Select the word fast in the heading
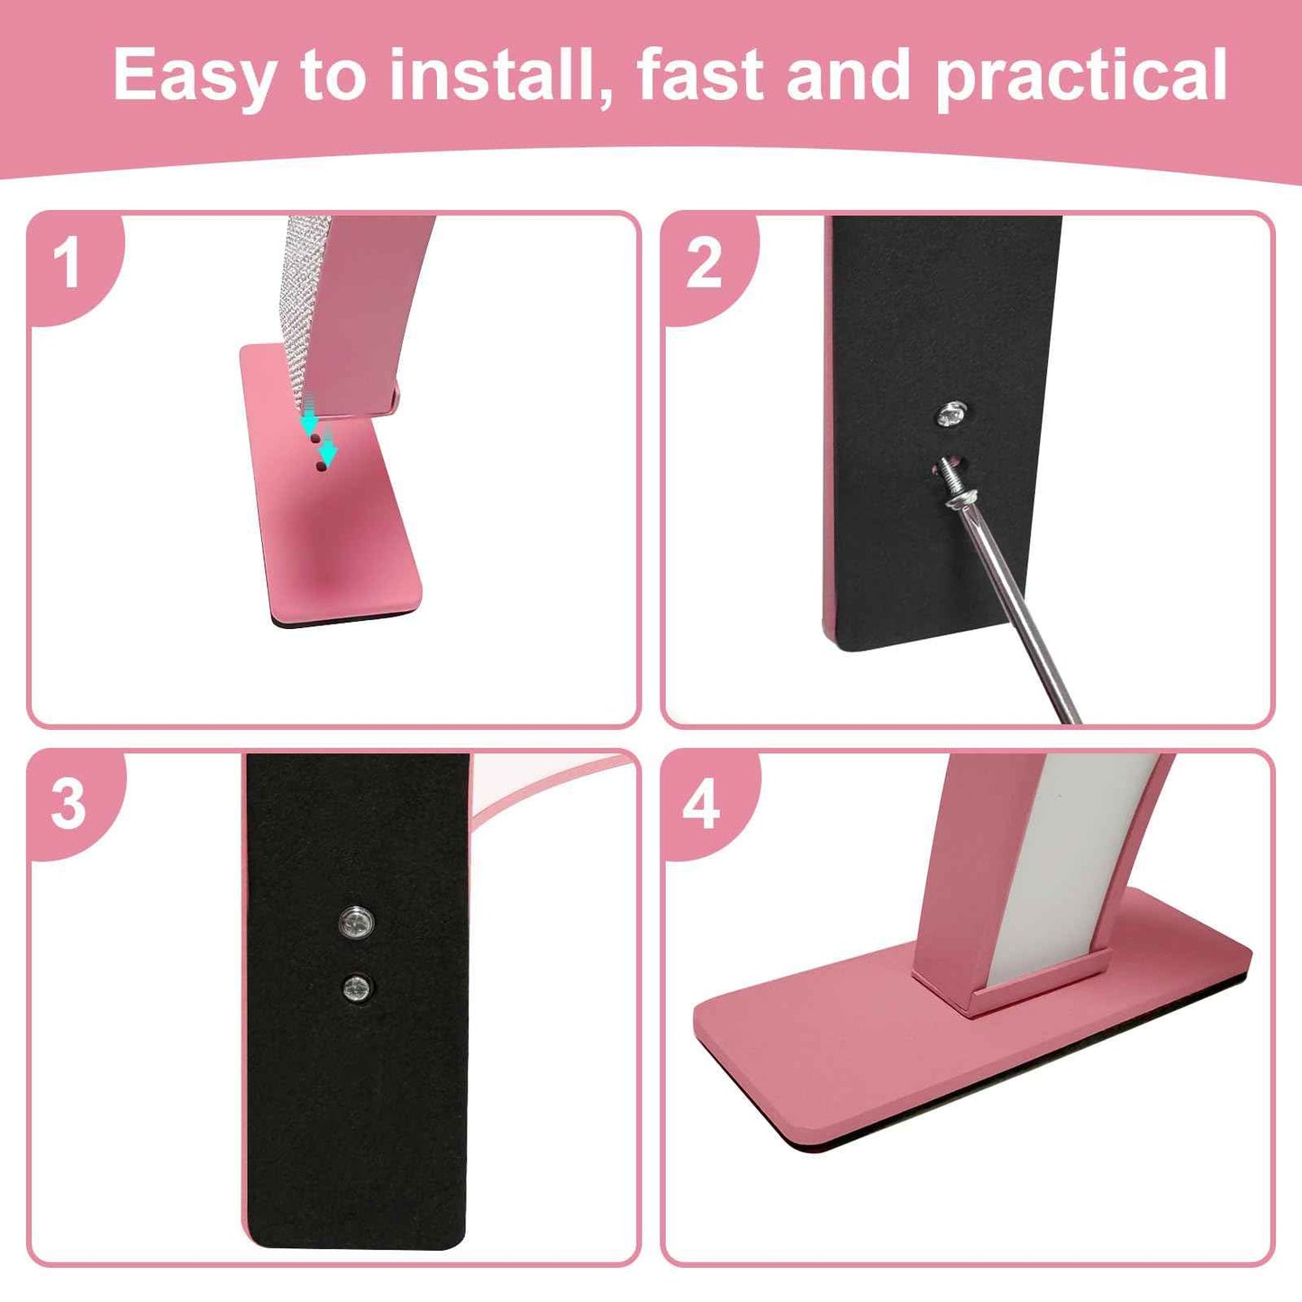coord(700,76)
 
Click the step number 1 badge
coord(68,264)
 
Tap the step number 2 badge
coord(704,264)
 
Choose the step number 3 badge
coord(68,803)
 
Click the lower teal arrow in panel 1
coord(329,448)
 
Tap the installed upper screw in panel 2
coord(951,415)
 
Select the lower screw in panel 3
coord(357,988)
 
